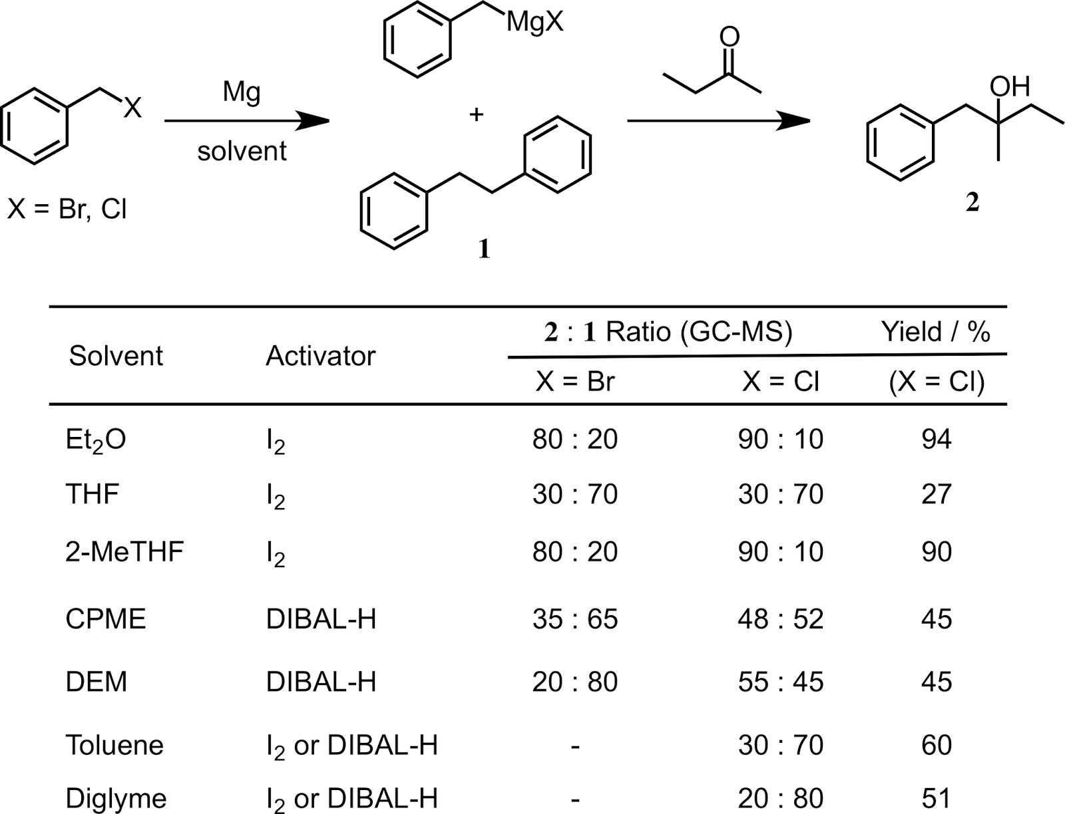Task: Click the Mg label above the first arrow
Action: [242, 93]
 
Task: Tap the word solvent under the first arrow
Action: [242, 152]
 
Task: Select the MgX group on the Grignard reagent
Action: [534, 23]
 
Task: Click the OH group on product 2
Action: [1009, 87]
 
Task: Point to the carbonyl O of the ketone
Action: [730, 37]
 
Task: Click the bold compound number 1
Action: [484, 249]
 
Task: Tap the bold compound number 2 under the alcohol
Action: [972, 202]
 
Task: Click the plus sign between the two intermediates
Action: [476, 114]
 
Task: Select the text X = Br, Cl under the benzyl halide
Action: [67, 209]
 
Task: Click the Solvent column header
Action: [116, 356]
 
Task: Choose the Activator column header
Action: [320, 356]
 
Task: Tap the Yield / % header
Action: [936, 331]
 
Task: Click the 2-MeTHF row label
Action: [124, 552]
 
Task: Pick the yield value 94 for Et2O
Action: [936, 440]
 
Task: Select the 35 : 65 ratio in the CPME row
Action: [574, 620]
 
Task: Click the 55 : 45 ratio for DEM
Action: [780, 682]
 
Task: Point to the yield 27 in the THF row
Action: [936, 495]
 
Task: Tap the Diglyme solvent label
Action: [116, 799]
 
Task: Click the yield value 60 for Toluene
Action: [936, 745]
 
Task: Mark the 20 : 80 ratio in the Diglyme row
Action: [780, 799]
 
